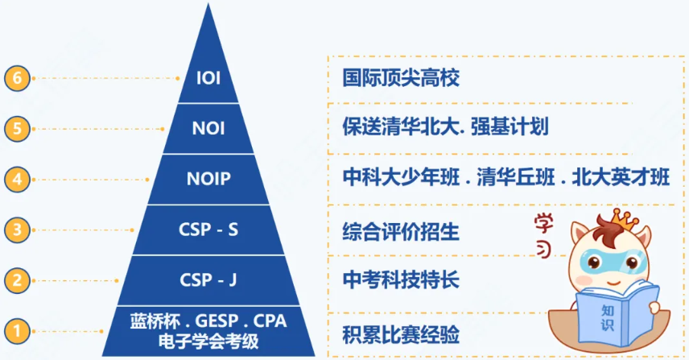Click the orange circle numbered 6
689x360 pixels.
point(17,78)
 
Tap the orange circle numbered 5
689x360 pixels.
point(17,129)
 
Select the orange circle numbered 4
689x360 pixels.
point(17,180)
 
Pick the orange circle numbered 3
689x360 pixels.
point(17,230)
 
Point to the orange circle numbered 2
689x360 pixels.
point(17,280)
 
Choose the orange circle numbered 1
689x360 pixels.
point(17,331)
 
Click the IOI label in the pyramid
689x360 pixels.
point(208,78)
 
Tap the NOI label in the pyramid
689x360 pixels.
point(208,128)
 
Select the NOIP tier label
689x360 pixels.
point(208,179)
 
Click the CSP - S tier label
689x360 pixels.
point(208,230)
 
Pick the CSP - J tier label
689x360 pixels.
point(208,280)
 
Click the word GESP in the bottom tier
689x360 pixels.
point(217,321)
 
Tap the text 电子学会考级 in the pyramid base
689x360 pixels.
point(208,341)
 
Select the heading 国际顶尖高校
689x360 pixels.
point(401,78)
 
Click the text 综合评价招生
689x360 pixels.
point(401,232)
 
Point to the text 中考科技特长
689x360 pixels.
point(401,280)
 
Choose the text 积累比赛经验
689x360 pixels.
point(401,334)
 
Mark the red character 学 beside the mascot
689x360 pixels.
point(543,224)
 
